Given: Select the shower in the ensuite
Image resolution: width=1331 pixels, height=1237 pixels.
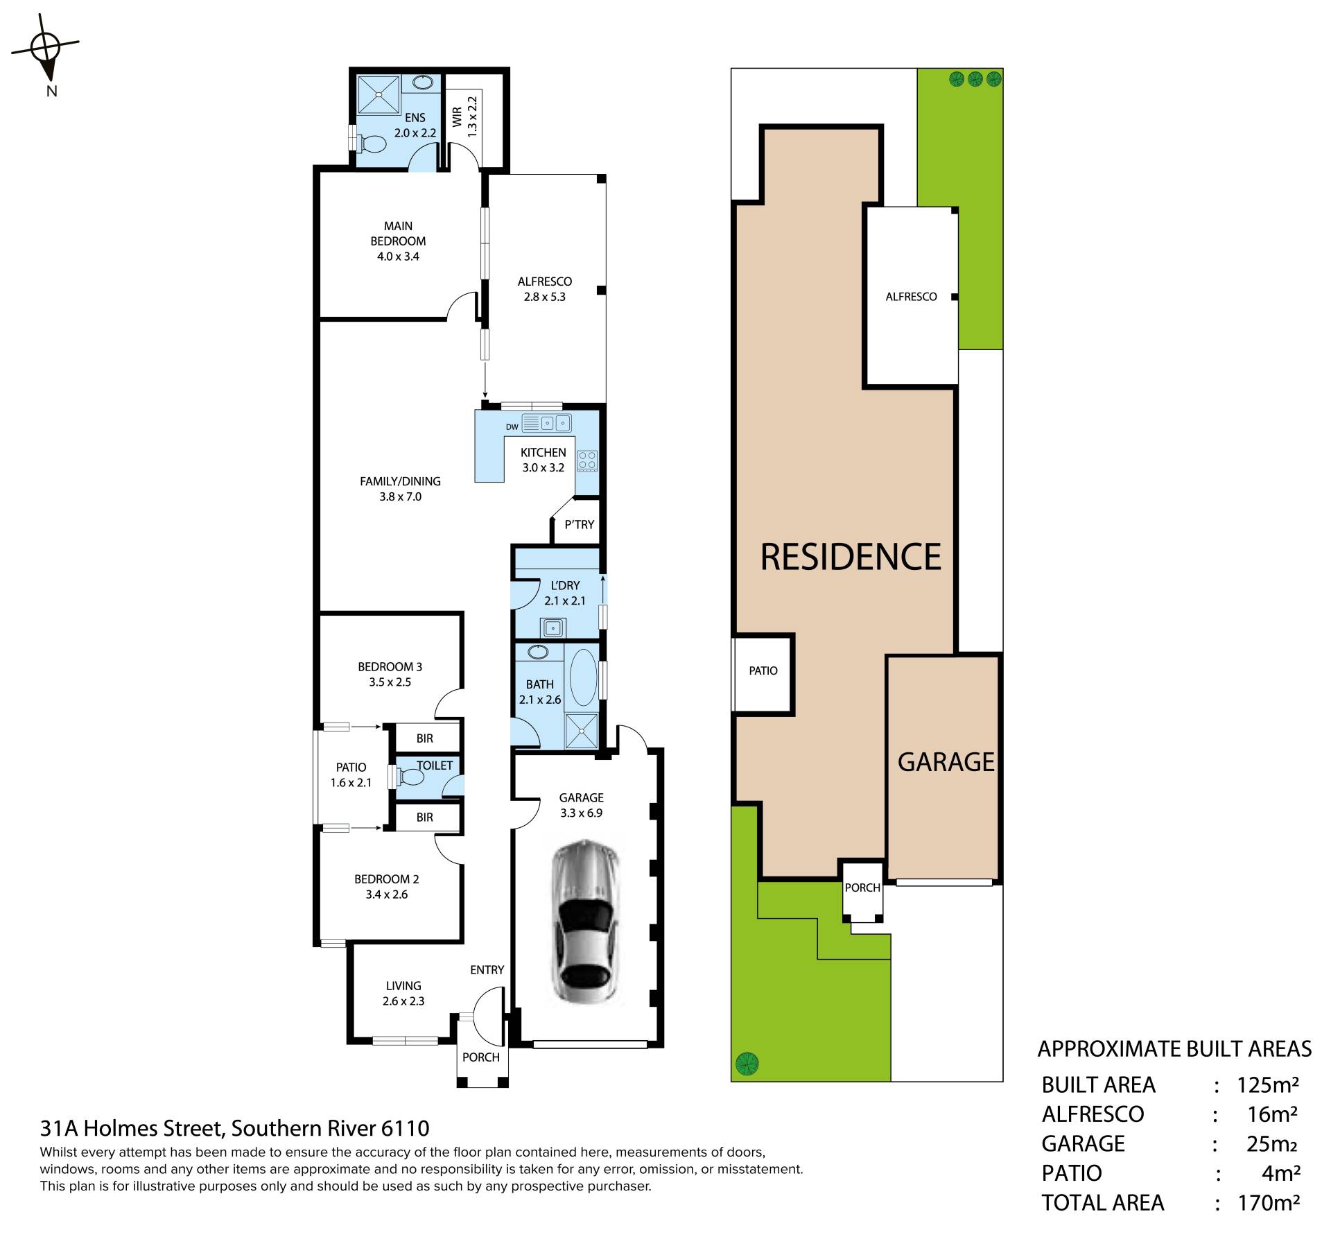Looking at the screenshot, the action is [378, 94].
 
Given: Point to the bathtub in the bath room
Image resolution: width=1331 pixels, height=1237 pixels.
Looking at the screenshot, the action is [582, 677].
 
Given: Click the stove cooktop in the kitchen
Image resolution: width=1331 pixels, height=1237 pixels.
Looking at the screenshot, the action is [587, 460].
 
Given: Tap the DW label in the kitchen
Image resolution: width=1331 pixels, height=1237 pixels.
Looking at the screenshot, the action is [512, 427].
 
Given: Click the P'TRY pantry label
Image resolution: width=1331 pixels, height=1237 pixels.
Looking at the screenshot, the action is [579, 525].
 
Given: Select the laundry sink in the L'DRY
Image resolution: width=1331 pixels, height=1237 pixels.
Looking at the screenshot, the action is [553, 628].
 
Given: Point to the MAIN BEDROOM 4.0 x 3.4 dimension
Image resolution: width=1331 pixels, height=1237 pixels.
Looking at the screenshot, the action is [398, 257].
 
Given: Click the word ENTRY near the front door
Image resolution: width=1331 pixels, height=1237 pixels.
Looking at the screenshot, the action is [487, 970].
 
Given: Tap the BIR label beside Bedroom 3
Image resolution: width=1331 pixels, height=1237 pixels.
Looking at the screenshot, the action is [424, 739].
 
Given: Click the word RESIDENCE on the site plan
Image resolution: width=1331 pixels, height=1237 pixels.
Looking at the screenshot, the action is [851, 557].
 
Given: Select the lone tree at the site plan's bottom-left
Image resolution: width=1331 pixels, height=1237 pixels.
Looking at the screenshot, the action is [747, 1062].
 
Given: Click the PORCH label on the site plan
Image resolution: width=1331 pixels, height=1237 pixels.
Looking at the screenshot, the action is [862, 888].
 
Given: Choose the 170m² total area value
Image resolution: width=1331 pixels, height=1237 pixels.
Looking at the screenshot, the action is [1268, 1202].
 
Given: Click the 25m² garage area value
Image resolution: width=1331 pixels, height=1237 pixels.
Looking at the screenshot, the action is [1271, 1143].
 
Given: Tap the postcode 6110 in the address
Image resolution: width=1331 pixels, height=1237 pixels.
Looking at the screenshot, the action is [406, 1129].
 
